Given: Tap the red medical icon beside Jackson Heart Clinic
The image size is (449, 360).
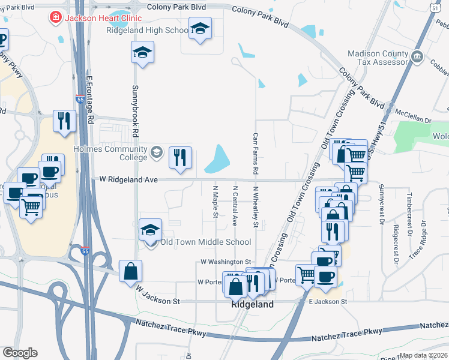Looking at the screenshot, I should [56, 18].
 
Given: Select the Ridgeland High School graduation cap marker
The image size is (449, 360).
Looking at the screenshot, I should [200, 28].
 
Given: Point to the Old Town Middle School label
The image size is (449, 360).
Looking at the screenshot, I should [205, 242].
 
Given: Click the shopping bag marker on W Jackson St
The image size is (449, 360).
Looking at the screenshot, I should [130, 271].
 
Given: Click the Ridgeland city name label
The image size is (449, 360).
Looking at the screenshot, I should [253, 305].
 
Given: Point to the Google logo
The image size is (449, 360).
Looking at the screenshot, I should [19, 353].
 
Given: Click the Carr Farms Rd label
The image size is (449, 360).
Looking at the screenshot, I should [256, 154].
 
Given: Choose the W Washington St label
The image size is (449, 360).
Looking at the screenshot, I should [225, 262].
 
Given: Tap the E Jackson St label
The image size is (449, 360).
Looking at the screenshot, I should [328, 301].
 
